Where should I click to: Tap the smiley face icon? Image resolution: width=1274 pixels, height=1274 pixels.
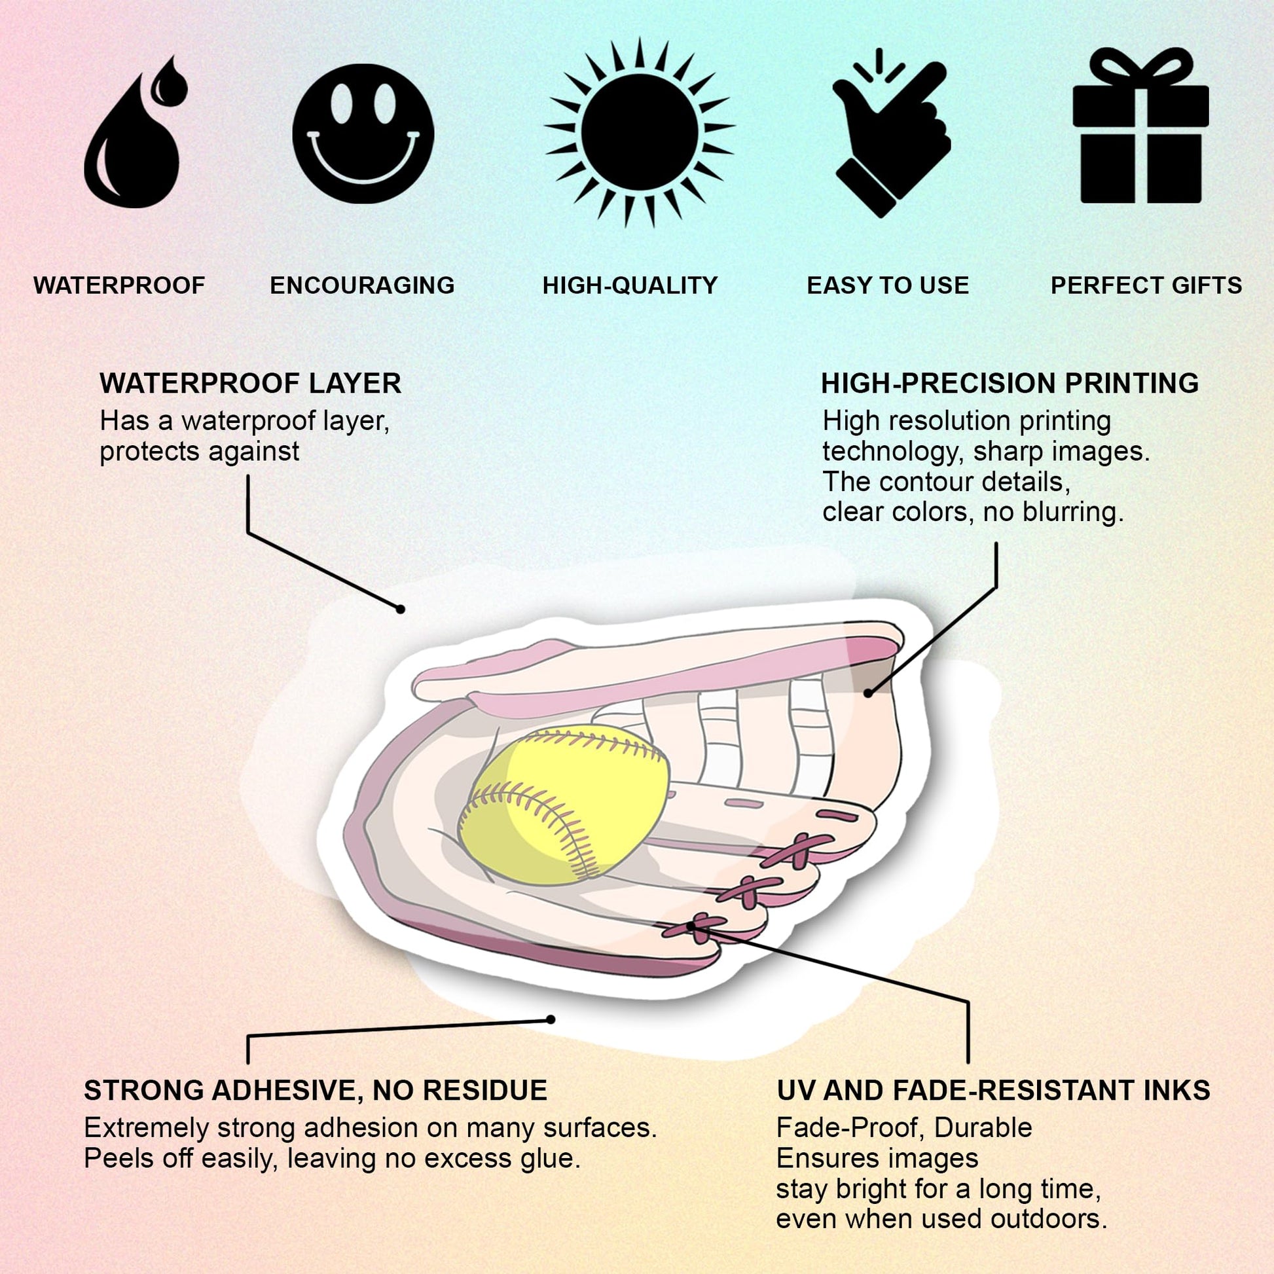pos(363,133)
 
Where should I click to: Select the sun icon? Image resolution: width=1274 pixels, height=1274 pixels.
pos(639,132)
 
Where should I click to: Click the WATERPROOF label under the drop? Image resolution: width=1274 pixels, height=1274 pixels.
pos(119,285)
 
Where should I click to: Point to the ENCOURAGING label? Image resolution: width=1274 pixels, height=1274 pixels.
pos(362,285)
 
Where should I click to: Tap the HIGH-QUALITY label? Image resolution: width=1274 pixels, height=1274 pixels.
pos(630,285)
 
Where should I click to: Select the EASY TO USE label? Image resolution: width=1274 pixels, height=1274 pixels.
pos(888,285)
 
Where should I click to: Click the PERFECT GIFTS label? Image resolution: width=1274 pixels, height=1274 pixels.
pos(1146,285)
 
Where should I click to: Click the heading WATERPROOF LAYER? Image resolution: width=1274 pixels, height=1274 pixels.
pos(251,384)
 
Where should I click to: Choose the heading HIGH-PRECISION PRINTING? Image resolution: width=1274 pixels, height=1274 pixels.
pos(1010,384)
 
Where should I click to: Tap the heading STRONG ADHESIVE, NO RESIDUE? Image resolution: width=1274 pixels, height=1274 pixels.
pos(315,1091)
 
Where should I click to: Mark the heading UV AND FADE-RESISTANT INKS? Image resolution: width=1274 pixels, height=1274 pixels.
pos(994,1091)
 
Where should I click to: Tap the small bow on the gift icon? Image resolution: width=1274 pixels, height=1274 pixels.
pos(1141,69)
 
